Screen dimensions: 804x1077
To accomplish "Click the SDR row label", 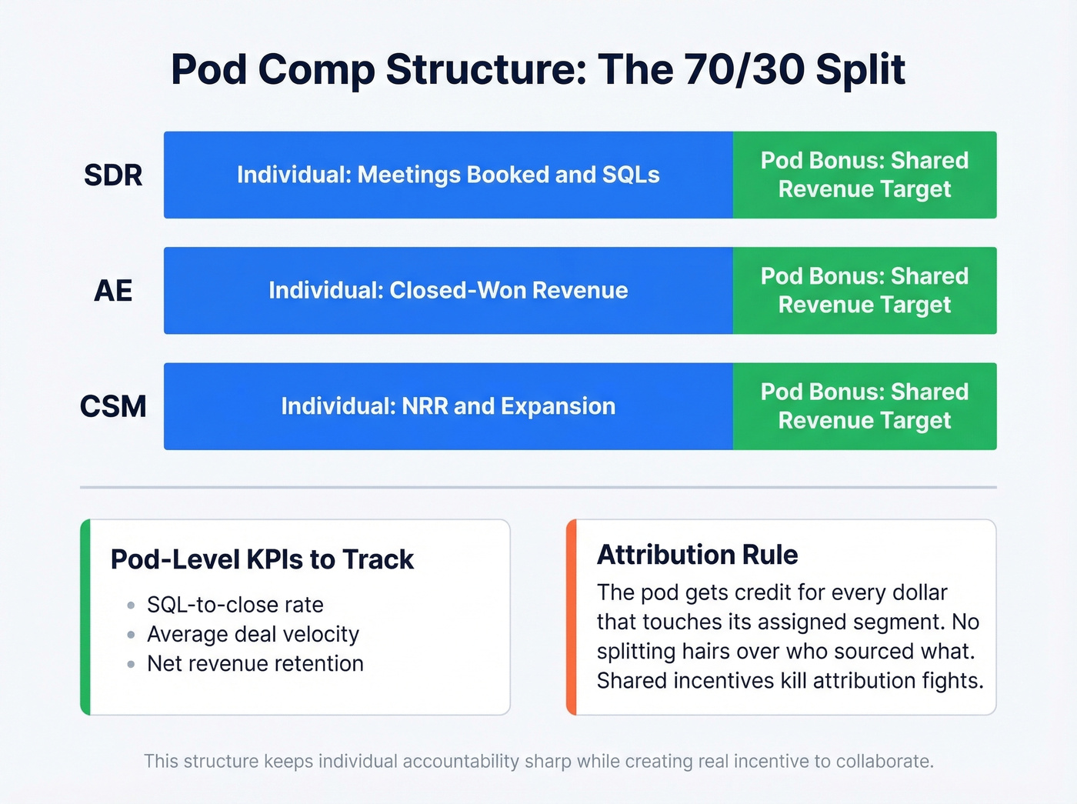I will (x=113, y=175).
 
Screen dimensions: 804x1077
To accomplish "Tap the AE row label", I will (x=113, y=291).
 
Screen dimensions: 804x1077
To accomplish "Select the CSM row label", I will (x=113, y=406).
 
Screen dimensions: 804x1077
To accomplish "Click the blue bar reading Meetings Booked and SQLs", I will (x=448, y=175).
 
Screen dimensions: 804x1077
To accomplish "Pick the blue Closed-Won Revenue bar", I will (x=448, y=291).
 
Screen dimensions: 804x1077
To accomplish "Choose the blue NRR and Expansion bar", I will (x=448, y=406).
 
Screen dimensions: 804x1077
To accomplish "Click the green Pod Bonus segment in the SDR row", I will (x=864, y=175).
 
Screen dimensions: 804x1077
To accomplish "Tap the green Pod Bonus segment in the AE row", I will (x=864, y=291).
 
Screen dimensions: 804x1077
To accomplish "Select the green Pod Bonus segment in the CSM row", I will (x=864, y=406).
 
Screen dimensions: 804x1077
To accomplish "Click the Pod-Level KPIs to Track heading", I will (x=262, y=559).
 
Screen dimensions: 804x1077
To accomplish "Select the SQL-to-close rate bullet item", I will (x=235, y=605).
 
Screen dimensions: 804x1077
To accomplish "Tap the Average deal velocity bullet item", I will (x=252, y=634).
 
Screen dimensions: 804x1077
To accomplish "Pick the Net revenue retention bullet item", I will (x=255, y=663).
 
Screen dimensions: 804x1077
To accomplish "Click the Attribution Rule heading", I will (x=697, y=555).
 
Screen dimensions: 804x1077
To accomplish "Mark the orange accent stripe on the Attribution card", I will (x=571, y=617).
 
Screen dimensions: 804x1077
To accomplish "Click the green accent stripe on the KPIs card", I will (x=85, y=617).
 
